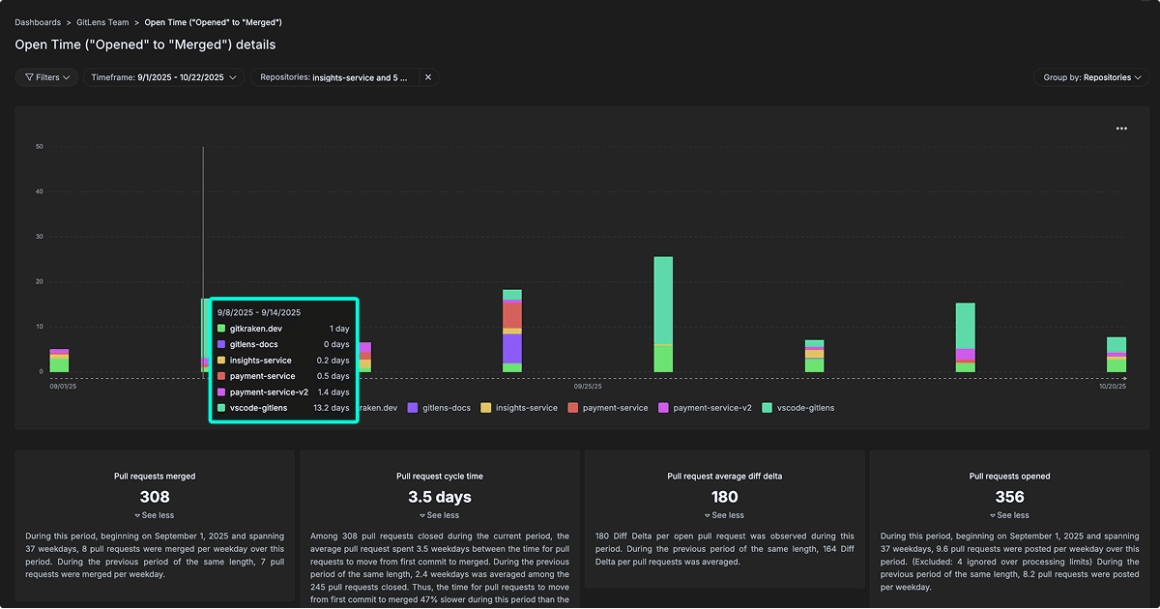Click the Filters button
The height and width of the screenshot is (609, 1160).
[46, 77]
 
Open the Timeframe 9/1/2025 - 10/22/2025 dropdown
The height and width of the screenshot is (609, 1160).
[162, 77]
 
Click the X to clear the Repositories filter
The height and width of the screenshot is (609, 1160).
[428, 77]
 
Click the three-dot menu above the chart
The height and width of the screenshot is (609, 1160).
[1121, 129]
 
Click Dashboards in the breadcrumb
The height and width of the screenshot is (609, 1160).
[38, 21]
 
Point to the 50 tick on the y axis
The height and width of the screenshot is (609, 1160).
[39, 147]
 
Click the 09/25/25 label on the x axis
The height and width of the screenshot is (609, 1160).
[588, 386]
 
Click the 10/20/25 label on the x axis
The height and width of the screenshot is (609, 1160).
[1113, 386]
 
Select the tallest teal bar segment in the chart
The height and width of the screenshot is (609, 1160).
[663, 300]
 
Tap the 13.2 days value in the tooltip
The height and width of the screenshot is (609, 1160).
[332, 408]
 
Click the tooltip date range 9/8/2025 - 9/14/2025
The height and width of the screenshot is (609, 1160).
[259, 312]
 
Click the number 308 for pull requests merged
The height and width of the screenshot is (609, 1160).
[155, 497]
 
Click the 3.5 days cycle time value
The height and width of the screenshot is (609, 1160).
[440, 497]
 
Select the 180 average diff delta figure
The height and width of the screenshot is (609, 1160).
[724, 497]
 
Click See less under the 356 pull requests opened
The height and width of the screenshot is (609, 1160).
[1009, 515]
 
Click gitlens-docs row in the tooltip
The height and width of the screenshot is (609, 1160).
[255, 344]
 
